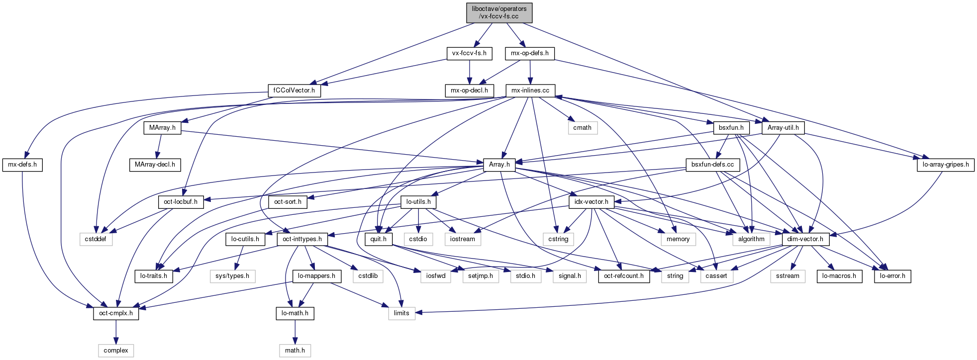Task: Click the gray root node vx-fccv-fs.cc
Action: point(499,12)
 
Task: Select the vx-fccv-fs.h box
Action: point(469,53)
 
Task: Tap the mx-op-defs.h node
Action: point(530,53)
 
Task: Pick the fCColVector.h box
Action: point(294,90)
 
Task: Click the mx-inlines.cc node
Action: point(530,90)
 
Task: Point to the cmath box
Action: point(582,128)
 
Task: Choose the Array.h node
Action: point(499,165)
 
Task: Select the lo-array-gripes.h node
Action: point(945,165)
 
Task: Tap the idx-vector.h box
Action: point(591,202)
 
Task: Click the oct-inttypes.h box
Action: point(302,239)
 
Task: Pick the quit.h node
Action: point(379,239)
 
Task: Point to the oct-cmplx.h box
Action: point(116,313)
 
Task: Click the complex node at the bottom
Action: point(116,351)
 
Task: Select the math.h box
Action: point(295,351)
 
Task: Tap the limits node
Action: point(401,313)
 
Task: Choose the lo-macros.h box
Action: point(839,276)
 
